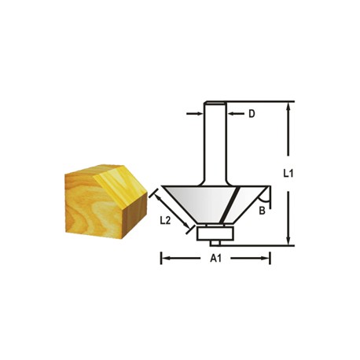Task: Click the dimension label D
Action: coord(252,114)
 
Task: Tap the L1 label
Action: coord(288,174)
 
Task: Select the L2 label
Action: coord(165,221)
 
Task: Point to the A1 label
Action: coord(215,259)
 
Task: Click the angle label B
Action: coord(262,211)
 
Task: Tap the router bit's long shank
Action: coord(215,143)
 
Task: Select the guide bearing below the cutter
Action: coord(215,233)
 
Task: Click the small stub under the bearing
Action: coord(215,243)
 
